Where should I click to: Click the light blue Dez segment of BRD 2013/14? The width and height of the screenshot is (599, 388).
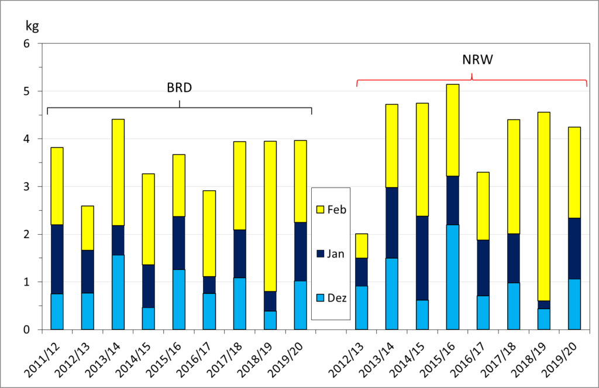[x=118, y=292]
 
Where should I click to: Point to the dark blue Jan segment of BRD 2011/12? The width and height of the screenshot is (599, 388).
[x=57, y=259]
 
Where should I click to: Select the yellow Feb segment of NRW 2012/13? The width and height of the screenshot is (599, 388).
[x=361, y=246]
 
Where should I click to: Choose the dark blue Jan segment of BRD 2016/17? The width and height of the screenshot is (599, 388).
[x=209, y=285]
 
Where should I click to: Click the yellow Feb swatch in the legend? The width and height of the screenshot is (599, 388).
[x=319, y=209]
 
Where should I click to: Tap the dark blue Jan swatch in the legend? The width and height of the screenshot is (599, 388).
[x=319, y=253]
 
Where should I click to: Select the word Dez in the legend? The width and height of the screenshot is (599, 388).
[x=338, y=298]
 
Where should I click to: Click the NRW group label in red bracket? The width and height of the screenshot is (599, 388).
[x=472, y=60]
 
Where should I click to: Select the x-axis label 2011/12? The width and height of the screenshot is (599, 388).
[x=49, y=353]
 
